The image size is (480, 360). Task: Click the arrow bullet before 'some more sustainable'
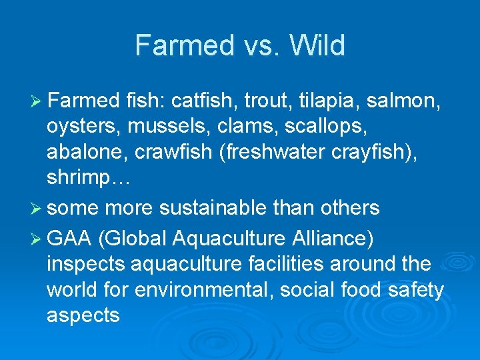click(x=37, y=209)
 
